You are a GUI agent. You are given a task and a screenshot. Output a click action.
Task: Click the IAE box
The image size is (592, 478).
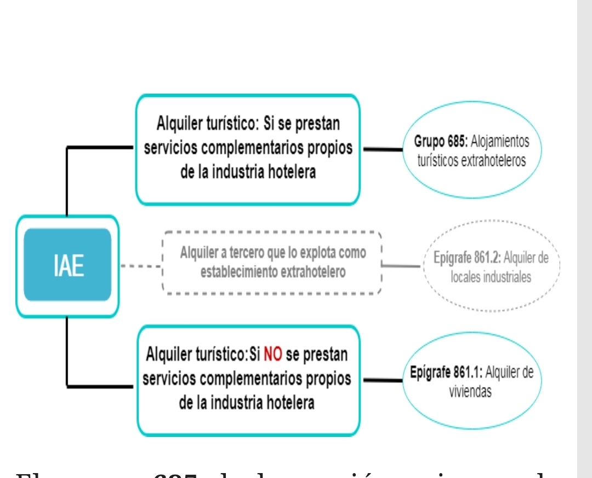[68, 266]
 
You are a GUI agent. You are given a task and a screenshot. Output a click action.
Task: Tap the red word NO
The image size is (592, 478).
[272, 354]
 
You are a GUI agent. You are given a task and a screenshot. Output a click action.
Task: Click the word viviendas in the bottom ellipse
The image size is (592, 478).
[470, 392]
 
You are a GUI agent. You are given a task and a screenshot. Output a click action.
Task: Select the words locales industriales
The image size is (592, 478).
[491, 277]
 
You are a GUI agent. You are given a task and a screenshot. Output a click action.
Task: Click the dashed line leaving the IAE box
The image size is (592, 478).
[141, 267]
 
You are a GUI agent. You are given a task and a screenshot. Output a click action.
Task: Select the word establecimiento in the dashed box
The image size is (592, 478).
[239, 272]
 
